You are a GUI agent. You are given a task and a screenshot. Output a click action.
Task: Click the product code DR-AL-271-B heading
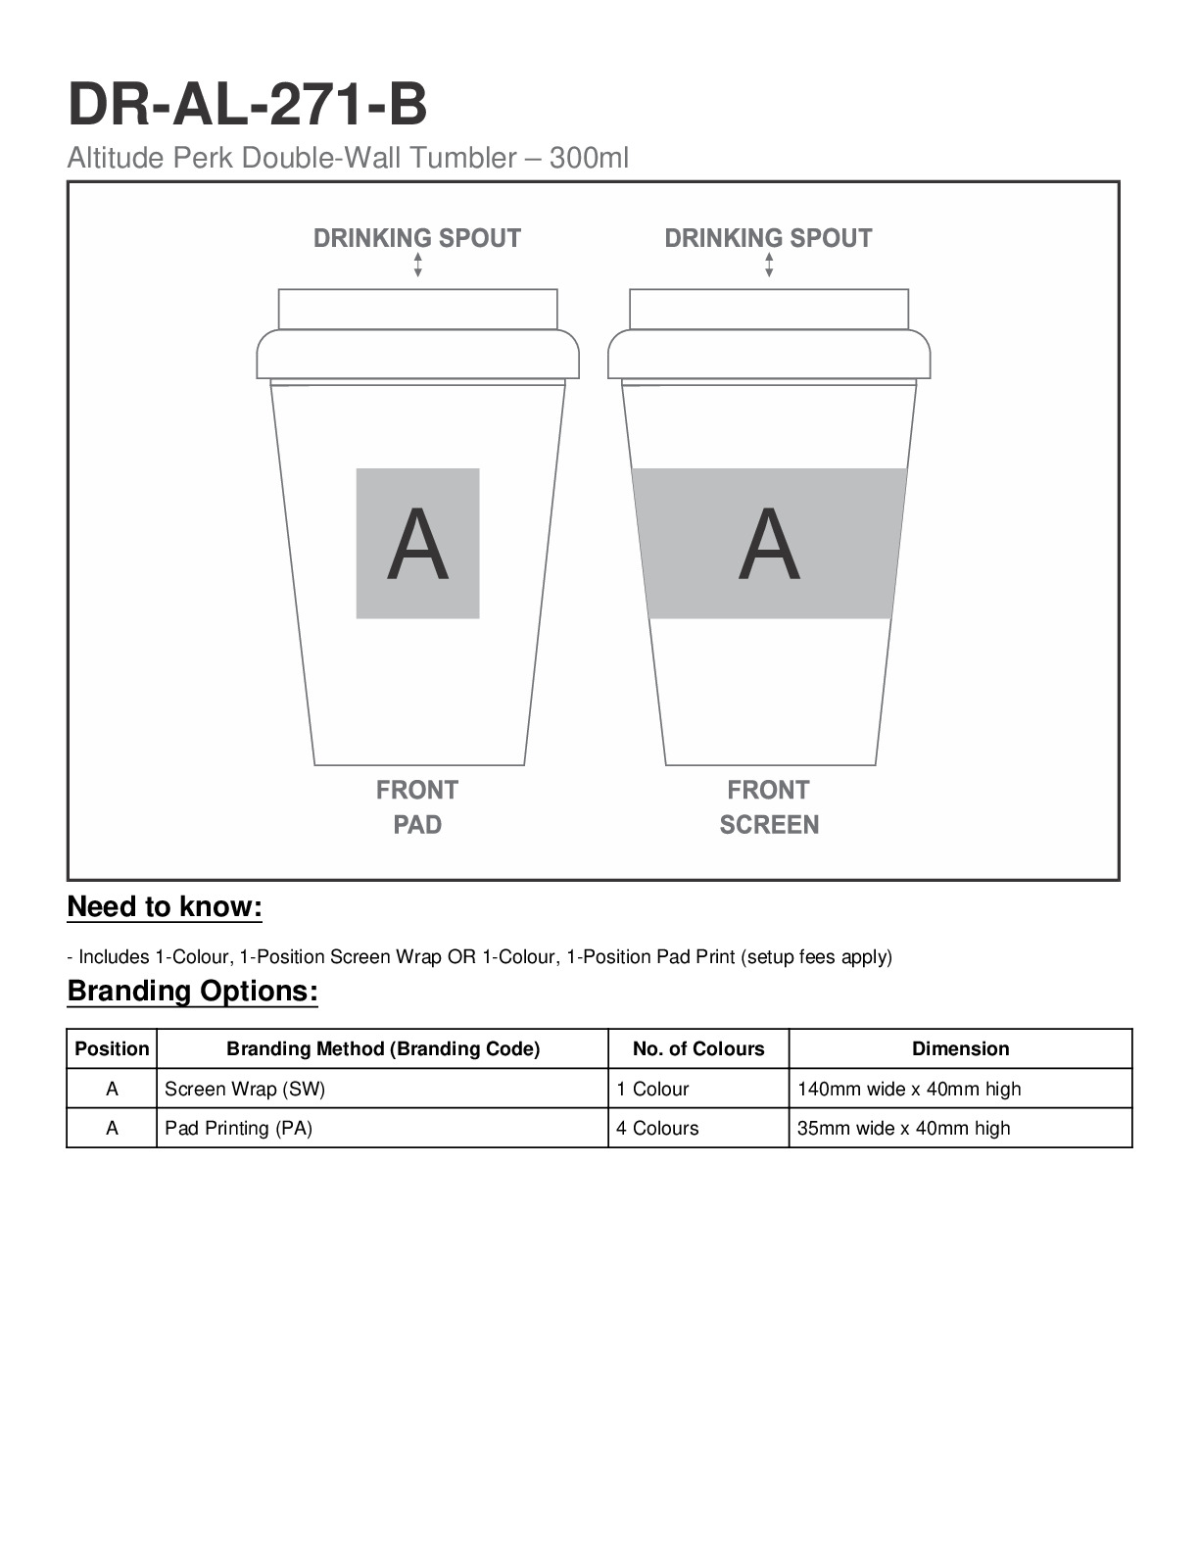tap(247, 106)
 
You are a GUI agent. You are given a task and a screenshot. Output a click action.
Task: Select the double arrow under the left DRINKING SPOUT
tap(418, 265)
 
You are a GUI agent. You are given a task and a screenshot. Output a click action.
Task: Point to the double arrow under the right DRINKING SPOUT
tap(769, 265)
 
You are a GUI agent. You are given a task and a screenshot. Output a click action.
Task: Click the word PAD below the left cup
tap(417, 825)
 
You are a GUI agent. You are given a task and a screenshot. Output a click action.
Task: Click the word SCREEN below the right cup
tap(769, 825)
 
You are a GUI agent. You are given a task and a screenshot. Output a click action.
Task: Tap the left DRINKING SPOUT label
tap(417, 238)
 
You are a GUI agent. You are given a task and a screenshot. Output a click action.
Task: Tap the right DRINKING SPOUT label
tap(768, 238)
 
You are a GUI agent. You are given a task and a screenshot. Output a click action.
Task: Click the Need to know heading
tap(165, 907)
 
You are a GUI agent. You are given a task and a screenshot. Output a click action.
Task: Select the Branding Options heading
tap(192, 992)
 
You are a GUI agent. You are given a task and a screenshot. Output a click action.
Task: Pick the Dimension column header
tap(960, 1048)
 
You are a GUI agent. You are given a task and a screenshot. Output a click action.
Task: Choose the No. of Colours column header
tap(698, 1048)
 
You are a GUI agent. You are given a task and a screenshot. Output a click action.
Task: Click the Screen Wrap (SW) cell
tap(245, 1089)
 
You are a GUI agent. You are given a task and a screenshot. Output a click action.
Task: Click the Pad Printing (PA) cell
tap(239, 1128)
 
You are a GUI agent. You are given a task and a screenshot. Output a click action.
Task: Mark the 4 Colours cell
tap(657, 1128)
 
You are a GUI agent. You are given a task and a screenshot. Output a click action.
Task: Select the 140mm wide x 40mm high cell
tap(909, 1089)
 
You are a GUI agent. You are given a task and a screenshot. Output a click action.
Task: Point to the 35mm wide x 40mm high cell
tap(903, 1128)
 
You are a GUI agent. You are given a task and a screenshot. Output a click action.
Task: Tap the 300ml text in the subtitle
tap(589, 158)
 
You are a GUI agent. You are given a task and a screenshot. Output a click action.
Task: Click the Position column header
tap(112, 1048)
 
